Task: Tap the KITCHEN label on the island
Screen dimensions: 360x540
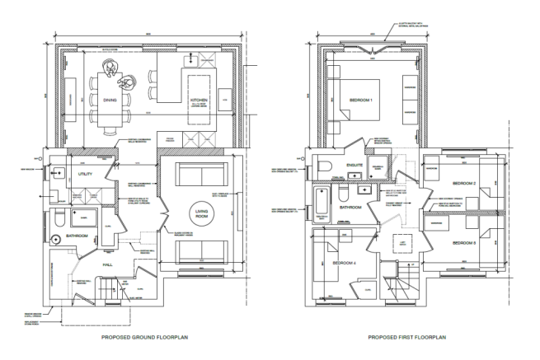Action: pyautogui.click(x=201, y=99)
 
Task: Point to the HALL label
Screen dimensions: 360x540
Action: pyautogui.click(x=108, y=264)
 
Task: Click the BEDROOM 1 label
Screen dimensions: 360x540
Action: pyautogui.click(x=361, y=101)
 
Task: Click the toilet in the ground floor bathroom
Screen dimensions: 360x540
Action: pyautogui.click(x=59, y=221)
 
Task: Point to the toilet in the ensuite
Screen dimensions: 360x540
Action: pyautogui.click(x=326, y=166)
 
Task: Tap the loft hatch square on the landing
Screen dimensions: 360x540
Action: pyautogui.click(x=401, y=243)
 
